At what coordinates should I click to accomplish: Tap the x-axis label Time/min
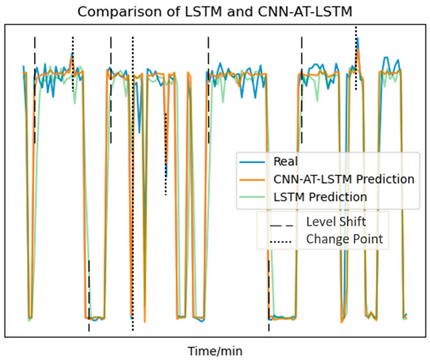(x=215, y=351)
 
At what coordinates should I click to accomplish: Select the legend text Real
(x=285, y=161)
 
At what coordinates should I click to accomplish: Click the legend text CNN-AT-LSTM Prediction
(x=344, y=179)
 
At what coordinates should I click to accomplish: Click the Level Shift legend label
(x=337, y=222)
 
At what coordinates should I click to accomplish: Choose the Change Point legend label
(x=344, y=239)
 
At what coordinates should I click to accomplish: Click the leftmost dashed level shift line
(x=35, y=90)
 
